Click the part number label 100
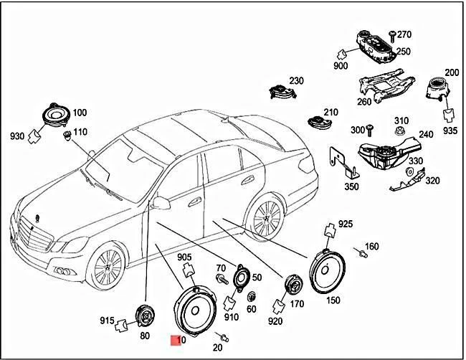coord(79,113)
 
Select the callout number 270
coord(404,34)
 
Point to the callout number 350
coord(351,187)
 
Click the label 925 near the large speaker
coord(346,224)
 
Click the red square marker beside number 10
coord(174,341)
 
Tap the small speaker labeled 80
coord(146,315)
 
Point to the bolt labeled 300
coord(371,129)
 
